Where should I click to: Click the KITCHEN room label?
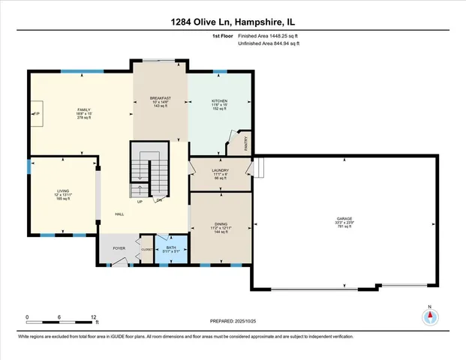(219, 100)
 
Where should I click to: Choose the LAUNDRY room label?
(221, 170)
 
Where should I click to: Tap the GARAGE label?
(344, 220)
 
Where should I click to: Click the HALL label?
(119, 214)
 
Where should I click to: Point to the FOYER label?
(119, 247)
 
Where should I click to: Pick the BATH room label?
(171, 247)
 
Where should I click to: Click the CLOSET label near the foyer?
(147, 249)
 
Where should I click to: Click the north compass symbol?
(430, 316)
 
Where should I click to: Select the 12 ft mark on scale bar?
(94, 317)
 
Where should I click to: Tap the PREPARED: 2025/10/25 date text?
(233, 321)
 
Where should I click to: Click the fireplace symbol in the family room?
(35, 112)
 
